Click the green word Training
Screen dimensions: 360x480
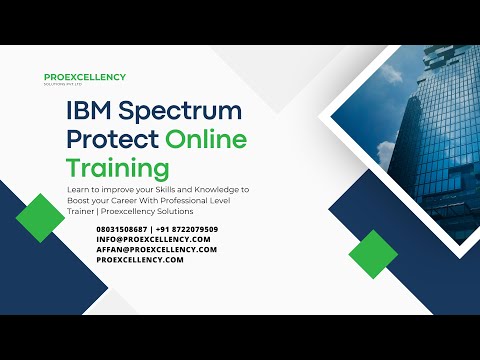117,166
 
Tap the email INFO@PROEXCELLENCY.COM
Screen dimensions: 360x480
154,239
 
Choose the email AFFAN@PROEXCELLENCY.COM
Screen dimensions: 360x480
157,249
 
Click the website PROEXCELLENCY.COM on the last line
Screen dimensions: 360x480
140,259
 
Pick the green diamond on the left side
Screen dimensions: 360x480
41,217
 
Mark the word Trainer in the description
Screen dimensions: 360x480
83,211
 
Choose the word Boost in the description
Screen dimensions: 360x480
83,199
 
